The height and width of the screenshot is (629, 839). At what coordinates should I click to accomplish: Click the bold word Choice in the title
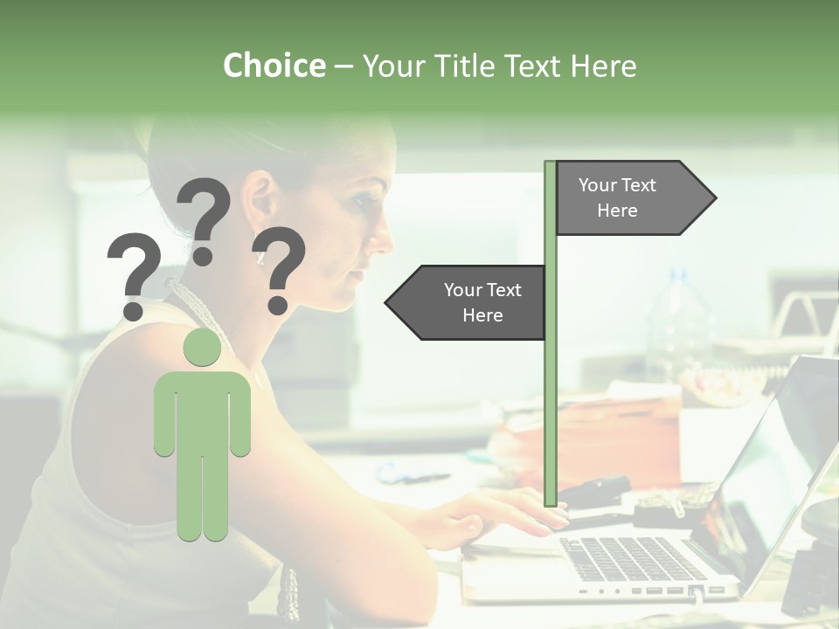click(274, 66)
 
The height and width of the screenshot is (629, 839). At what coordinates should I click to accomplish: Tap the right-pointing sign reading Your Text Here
click(629, 197)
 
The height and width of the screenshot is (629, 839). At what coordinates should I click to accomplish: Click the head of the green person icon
click(203, 348)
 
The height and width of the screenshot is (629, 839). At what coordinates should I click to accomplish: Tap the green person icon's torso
click(203, 411)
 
